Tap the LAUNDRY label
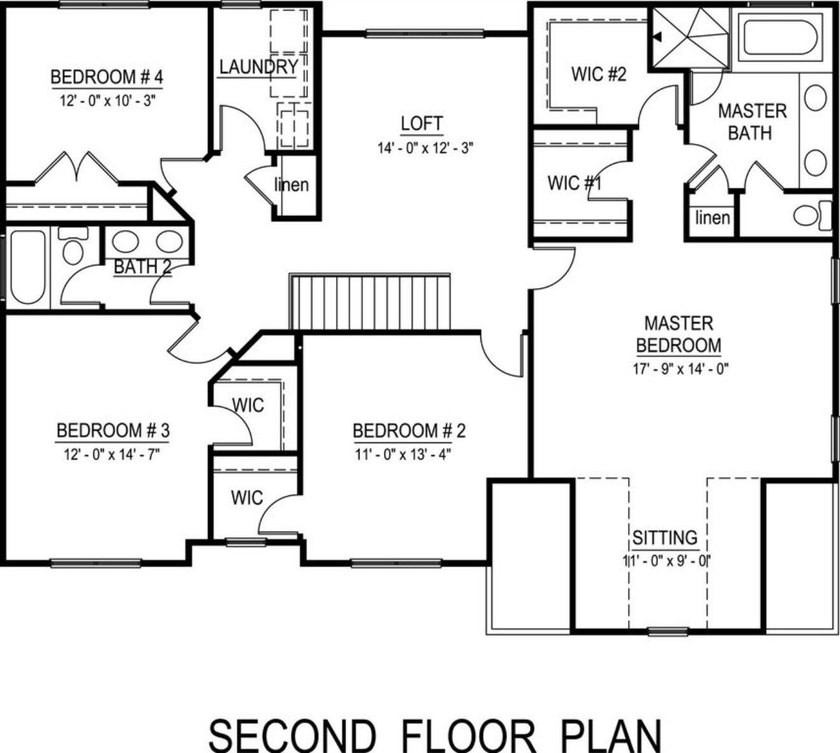258,67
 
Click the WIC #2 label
598,74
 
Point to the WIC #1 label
576,184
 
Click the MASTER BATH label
752,121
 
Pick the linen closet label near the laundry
292,185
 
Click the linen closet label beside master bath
712,218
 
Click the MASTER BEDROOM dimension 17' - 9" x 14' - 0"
677,367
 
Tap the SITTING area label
663,537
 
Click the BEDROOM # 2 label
410,431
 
